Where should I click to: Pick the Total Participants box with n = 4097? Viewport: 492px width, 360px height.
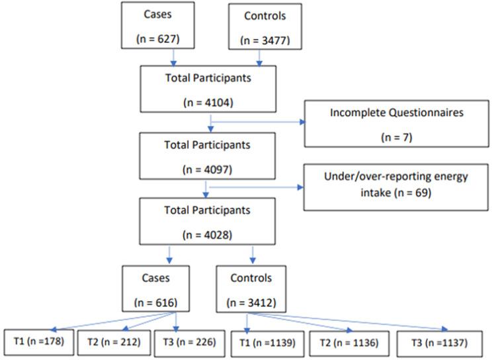coord(208,155)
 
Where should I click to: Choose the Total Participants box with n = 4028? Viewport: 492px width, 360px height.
coord(208,222)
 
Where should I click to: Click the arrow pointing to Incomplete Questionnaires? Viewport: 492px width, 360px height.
coord(258,122)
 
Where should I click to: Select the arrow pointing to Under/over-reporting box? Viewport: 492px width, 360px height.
coord(255,187)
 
